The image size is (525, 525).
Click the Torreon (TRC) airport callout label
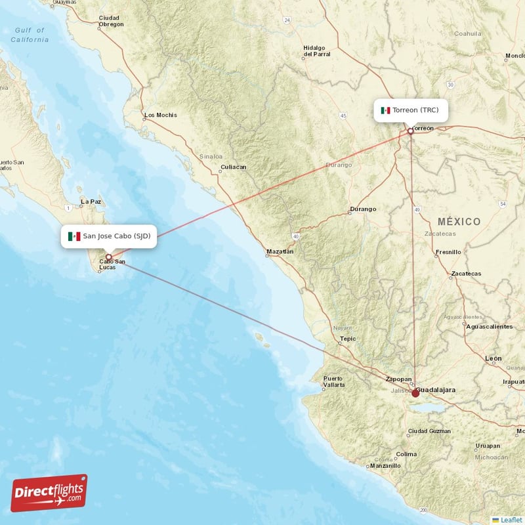411,110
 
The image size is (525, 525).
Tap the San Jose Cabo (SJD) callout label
109,236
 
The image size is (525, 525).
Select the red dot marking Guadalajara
415,393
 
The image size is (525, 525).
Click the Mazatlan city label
280,251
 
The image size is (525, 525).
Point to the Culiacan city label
234,167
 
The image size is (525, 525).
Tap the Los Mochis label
160,115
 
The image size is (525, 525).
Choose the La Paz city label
91,201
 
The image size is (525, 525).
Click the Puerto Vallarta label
333,381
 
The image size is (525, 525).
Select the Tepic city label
348,339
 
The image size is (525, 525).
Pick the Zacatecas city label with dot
467,274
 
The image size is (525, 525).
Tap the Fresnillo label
448,252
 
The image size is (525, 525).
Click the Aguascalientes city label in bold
489,326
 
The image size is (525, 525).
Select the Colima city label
406,454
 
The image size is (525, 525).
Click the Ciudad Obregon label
111,21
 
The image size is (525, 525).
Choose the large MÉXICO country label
459,222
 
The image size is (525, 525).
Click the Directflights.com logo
49,493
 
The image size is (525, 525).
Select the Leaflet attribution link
511,520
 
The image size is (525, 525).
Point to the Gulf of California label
30,35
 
